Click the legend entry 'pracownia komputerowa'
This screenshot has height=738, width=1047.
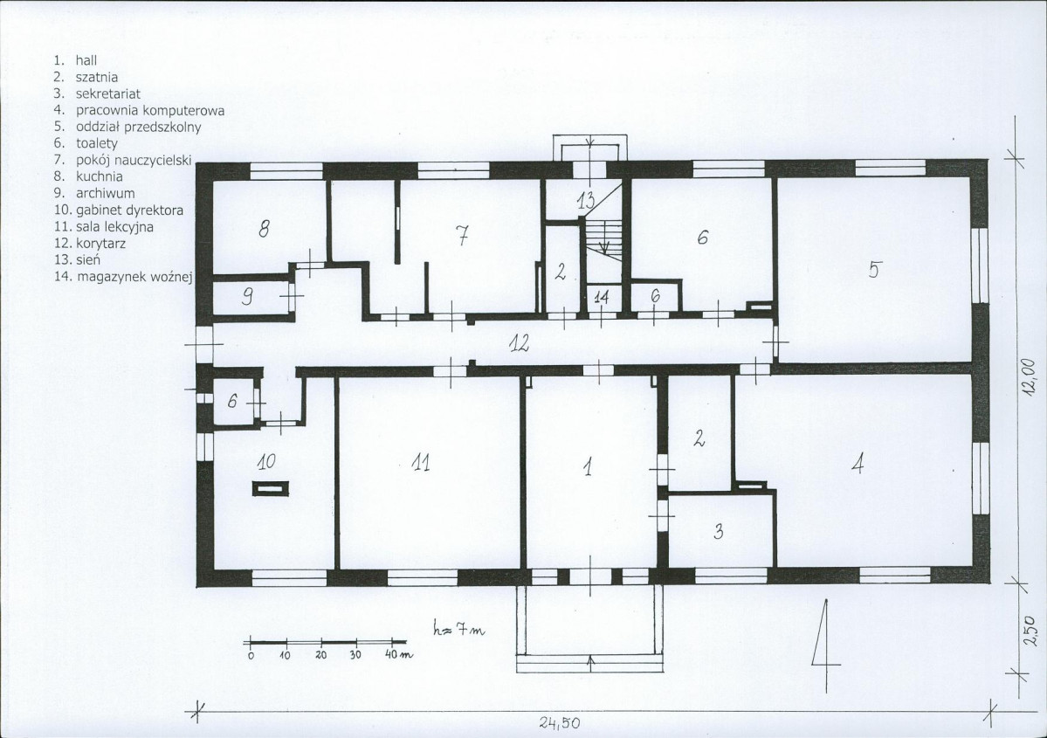149,110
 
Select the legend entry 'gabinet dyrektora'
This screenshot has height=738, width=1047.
129,210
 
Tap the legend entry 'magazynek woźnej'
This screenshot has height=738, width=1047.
134,277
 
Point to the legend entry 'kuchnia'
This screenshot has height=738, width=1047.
99,176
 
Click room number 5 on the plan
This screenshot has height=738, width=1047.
874,268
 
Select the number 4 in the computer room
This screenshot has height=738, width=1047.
858,463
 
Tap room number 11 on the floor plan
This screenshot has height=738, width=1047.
421,462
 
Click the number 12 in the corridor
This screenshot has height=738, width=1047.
519,343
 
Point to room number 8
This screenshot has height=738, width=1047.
264,229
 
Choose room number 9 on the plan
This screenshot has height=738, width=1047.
247,297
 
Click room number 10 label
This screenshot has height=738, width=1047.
265,461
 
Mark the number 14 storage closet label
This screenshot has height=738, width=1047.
602,298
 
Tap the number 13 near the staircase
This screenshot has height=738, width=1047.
586,200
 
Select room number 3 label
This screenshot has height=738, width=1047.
719,531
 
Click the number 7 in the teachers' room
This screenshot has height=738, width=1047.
462,234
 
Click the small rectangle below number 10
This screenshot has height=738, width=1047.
271,488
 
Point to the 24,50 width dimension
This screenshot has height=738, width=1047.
560,722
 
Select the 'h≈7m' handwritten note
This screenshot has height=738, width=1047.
458,629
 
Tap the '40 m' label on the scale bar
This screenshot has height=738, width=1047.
399,654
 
